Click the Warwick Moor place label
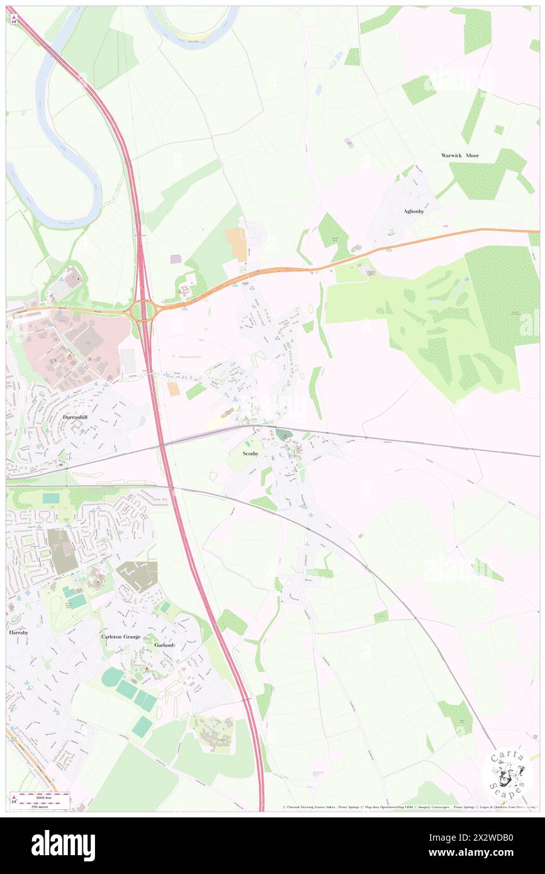(459, 155)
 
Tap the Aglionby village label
(413, 211)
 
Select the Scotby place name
(251, 453)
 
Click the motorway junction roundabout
(143, 310)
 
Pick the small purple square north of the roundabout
(176, 258)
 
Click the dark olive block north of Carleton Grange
(63, 551)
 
